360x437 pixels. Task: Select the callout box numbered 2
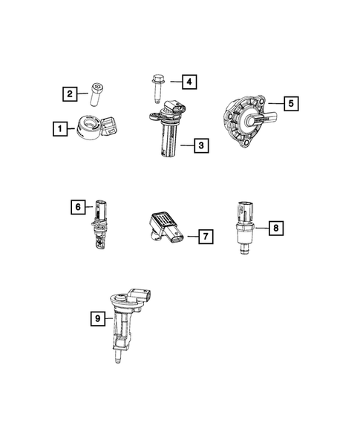tap(69, 93)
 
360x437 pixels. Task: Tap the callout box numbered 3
tap(200, 145)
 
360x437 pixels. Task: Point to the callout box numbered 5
tap(291, 104)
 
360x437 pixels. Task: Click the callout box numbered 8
tap(275, 228)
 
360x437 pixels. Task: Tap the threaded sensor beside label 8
tap(244, 225)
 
